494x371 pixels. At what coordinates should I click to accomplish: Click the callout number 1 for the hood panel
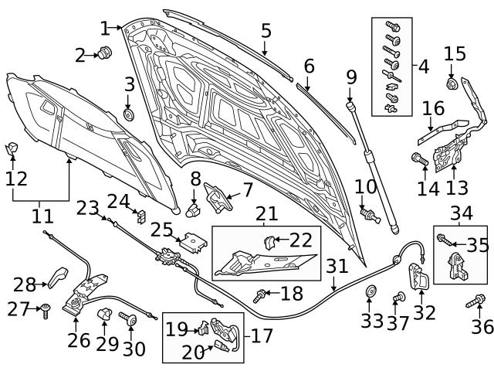105,29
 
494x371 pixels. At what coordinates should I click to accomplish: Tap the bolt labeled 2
107,53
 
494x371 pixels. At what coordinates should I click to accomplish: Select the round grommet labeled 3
129,115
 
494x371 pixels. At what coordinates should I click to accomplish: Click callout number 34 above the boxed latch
462,213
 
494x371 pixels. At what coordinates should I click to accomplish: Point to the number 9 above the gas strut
351,77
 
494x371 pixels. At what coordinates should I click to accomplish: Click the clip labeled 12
13,148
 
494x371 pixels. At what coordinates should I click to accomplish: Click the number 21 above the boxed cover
266,213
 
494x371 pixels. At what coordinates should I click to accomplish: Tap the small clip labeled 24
140,214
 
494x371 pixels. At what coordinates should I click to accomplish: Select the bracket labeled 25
195,242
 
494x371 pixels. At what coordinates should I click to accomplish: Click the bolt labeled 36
477,300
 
